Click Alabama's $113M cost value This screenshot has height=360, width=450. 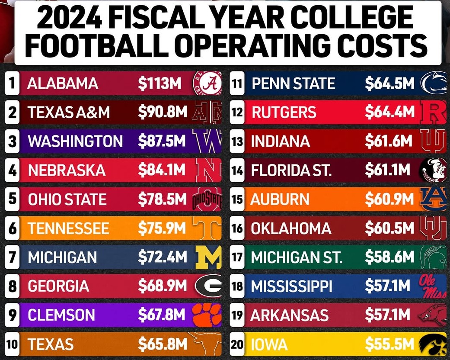click(x=160, y=83)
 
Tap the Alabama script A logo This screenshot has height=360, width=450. click(x=207, y=84)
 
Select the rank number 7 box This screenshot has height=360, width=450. click(x=13, y=257)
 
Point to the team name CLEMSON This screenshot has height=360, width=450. click(x=61, y=315)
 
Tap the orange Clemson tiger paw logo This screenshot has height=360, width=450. click(x=207, y=315)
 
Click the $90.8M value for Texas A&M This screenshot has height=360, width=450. click(x=163, y=112)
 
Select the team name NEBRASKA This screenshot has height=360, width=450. click(x=67, y=170)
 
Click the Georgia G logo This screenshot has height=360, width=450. click(x=208, y=286)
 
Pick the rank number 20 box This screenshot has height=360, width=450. click(x=13, y=344)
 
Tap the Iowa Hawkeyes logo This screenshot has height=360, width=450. click(x=433, y=344)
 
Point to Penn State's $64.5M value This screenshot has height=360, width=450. click(x=389, y=83)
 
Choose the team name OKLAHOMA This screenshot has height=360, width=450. click(x=291, y=228)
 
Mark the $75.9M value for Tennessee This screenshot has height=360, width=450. click(x=163, y=228)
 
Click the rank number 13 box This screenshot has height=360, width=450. click(x=237, y=141)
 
